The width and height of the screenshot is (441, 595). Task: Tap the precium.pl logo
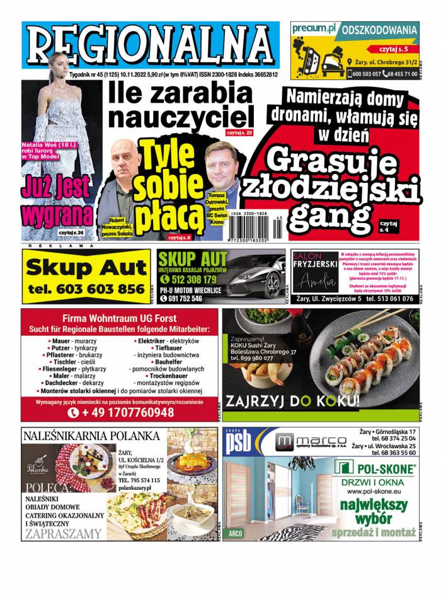click(x=313, y=29)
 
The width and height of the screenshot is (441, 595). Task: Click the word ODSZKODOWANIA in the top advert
click(x=380, y=30)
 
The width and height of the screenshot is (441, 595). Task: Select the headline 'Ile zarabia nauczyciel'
click(x=180, y=105)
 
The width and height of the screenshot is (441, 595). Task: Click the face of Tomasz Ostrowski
click(x=221, y=166)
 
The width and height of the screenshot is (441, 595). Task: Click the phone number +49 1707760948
click(x=120, y=412)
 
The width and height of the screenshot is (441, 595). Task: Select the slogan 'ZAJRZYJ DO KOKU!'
click(x=293, y=401)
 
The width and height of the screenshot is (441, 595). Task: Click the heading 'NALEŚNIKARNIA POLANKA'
click(x=91, y=436)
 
